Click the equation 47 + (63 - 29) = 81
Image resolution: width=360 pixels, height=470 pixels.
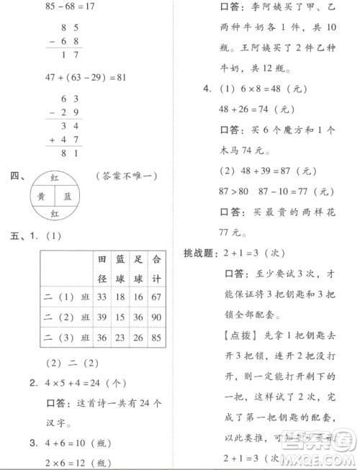point(76,76)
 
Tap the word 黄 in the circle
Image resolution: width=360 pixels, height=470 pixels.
point(42,195)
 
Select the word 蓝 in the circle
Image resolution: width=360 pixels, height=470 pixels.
point(68,195)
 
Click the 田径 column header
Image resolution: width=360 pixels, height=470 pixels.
point(102,266)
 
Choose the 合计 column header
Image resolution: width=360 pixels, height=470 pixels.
point(156,266)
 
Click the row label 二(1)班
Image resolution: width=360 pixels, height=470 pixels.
point(66,297)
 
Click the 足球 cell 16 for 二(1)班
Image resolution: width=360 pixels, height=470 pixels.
point(138,297)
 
